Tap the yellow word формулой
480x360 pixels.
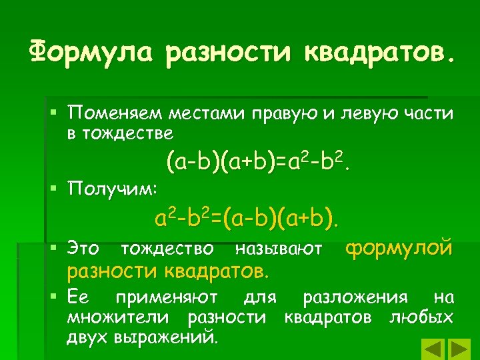pos(399,248)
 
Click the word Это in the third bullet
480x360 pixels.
pos(83,249)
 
